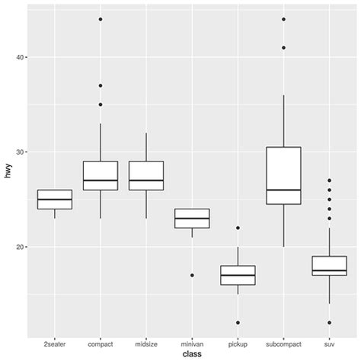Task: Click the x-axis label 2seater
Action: coord(55,343)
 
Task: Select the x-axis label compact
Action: coord(101,343)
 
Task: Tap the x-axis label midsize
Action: coord(146,343)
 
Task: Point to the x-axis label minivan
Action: coord(192,343)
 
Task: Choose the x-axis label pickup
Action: coord(238,343)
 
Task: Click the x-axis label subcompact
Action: coord(283,343)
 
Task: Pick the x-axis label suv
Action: coord(329,343)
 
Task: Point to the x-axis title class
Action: coord(192,354)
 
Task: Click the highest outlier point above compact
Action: coord(101,19)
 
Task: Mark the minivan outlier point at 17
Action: coord(192,275)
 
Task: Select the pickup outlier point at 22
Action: coord(238,228)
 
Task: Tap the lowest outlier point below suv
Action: coord(329,322)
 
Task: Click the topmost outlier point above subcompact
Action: coord(283,19)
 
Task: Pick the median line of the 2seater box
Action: coord(55,200)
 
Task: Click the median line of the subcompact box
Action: coord(283,190)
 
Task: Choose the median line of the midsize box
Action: coord(146,180)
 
